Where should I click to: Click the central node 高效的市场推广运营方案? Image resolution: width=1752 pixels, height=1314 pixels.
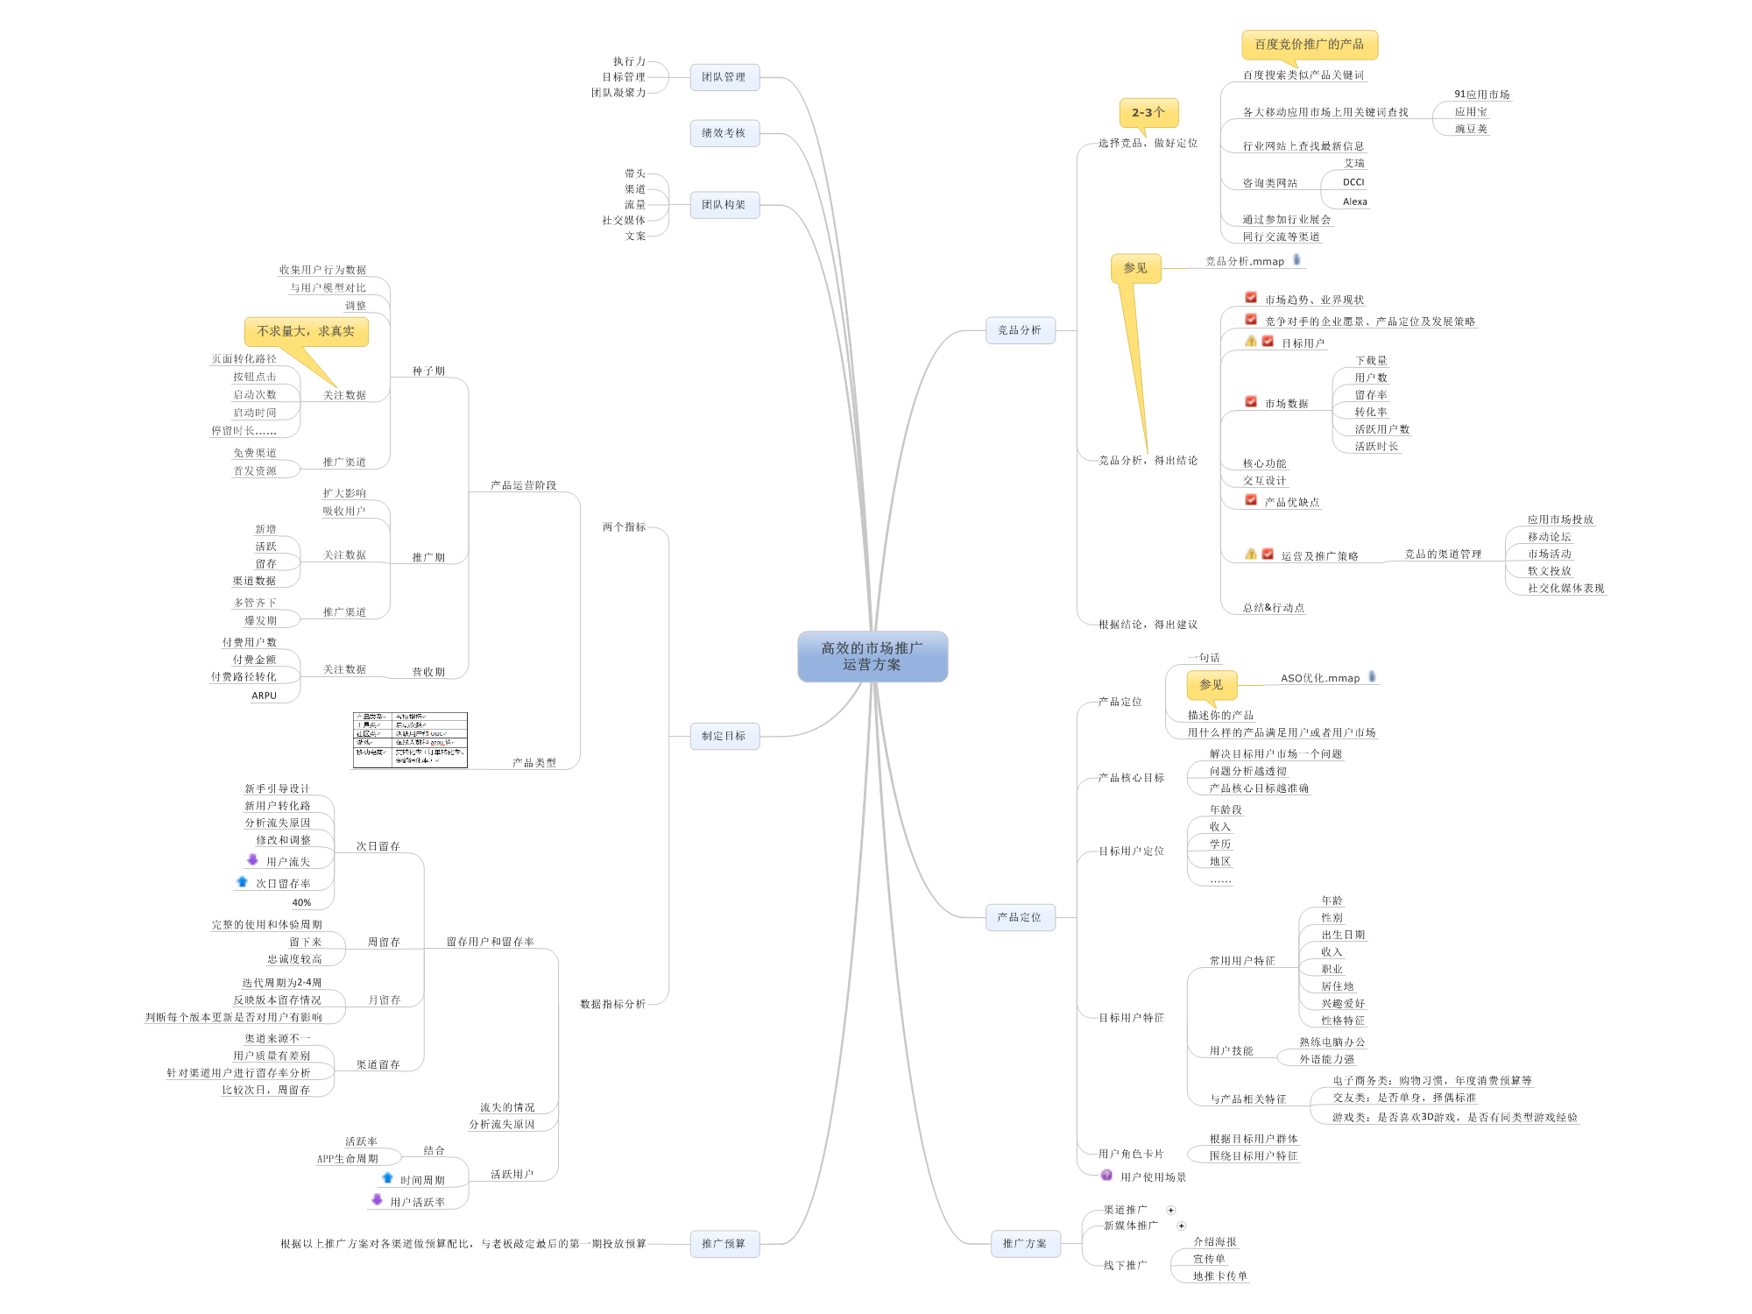(872, 656)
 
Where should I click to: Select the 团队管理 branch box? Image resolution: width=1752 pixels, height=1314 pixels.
(724, 77)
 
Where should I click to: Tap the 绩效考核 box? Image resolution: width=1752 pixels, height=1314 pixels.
(724, 133)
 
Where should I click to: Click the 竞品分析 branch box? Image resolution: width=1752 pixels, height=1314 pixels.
(1020, 330)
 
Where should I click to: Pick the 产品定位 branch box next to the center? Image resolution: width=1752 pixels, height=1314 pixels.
(1020, 917)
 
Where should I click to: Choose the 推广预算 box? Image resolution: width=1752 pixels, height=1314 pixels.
(724, 1243)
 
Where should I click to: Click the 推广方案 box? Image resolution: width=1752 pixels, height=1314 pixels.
(1025, 1243)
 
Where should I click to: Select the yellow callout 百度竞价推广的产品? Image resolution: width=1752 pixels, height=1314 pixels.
(1309, 45)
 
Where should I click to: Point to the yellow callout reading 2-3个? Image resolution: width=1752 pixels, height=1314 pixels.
(1148, 112)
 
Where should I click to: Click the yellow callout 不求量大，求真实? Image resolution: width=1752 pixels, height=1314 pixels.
(306, 331)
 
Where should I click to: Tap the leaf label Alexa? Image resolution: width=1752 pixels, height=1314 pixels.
(1354, 201)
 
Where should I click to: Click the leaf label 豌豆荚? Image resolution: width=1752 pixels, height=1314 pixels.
(1471, 129)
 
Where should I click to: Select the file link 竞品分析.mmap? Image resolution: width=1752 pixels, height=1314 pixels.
(1244, 261)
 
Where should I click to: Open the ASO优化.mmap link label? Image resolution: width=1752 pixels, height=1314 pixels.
(1319, 678)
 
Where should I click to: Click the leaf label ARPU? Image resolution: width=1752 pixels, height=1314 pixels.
(264, 696)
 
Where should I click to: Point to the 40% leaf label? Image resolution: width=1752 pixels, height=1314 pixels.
(300, 902)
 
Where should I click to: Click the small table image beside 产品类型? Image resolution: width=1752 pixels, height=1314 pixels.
(410, 740)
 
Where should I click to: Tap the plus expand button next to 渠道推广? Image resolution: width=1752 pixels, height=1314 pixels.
(1170, 1210)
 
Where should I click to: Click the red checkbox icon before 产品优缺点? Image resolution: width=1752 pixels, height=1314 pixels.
(1251, 500)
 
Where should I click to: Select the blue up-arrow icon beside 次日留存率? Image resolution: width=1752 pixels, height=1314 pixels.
(243, 882)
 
